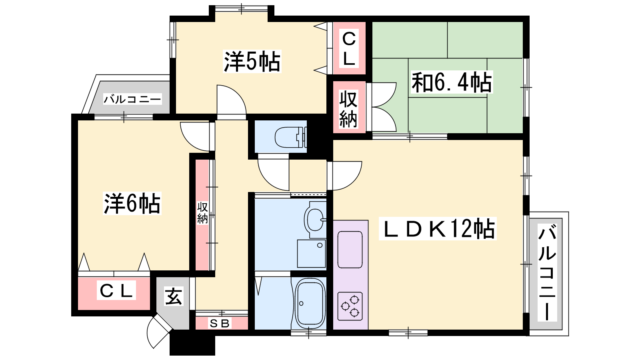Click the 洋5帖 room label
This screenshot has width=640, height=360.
(252, 62)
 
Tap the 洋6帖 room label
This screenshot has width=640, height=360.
(132, 204)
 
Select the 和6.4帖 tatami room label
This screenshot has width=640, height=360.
(452, 82)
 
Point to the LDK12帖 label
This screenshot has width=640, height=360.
(438, 228)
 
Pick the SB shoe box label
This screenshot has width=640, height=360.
(220, 324)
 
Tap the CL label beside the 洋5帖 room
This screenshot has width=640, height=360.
(349, 49)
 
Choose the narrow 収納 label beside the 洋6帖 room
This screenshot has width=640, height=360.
(202, 213)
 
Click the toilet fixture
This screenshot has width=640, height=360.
(290, 137)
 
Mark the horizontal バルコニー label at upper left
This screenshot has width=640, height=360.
(132, 99)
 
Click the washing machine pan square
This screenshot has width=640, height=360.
(312, 254)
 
